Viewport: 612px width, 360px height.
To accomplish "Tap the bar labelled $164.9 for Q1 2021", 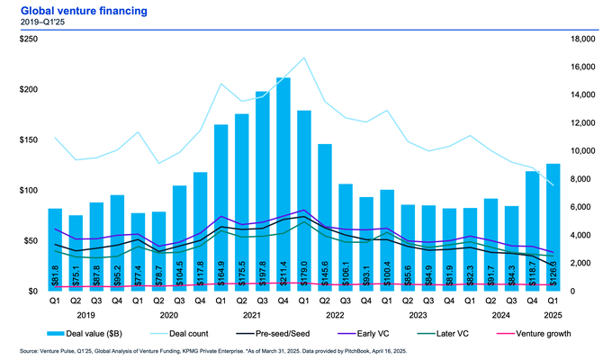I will (220, 208).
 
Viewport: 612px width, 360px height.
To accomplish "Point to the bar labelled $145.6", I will (324, 217).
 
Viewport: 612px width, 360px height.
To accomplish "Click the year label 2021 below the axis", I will (252, 314).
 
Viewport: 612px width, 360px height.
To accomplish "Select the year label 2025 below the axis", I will (553, 314).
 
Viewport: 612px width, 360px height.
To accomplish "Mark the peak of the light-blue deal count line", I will (303, 58).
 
